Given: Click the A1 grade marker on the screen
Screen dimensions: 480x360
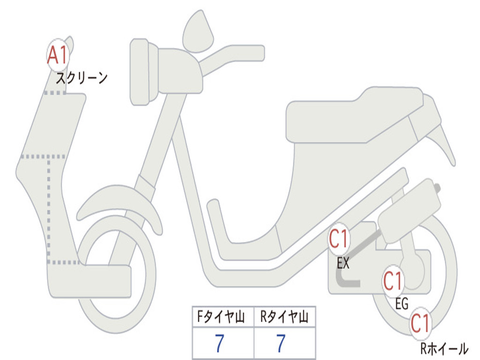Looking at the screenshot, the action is coord(58,55).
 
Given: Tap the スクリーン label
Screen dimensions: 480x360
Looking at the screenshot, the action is coord(82,77).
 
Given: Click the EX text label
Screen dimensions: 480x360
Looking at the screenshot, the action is coord(343,263).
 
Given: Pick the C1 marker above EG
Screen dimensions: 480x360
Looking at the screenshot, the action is coord(393,281).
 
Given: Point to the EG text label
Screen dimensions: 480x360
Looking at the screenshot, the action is coord(402,304).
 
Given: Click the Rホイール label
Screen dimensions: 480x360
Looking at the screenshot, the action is coord(443,349).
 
